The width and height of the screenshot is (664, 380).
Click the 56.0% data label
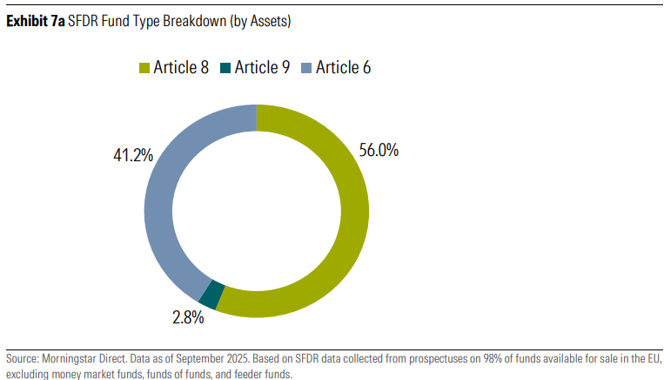click(x=379, y=150)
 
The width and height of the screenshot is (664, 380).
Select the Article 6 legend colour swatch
click(x=305, y=67)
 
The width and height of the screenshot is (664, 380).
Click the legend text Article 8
click(x=180, y=67)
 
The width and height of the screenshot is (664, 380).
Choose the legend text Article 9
click(x=262, y=67)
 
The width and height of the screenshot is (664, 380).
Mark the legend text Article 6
click(x=343, y=67)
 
